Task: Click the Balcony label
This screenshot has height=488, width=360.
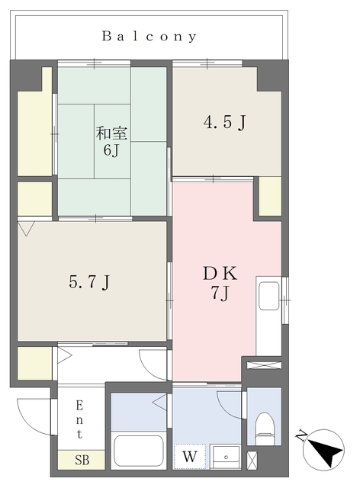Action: [x=149, y=37]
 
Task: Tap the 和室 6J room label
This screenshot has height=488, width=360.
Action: [x=111, y=141]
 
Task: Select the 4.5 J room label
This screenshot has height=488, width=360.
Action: [x=224, y=122]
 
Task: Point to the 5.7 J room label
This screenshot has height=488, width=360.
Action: [x=89, y=282]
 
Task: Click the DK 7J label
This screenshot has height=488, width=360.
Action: [x=220, y=283]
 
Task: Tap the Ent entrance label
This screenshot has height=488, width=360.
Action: [x=79, y=419]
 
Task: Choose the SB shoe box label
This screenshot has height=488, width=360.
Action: [x=82, y=460]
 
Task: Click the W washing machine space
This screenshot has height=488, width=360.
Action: [x=190, y=457]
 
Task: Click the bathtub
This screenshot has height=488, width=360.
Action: [x=139, y=451]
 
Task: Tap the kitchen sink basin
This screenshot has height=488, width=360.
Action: [x=269, y=296]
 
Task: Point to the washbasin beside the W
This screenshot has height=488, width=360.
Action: [x=226, y=457]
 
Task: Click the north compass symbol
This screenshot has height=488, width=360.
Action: [x=324, y=450]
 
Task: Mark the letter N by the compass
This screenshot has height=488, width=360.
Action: [x=301, y=435]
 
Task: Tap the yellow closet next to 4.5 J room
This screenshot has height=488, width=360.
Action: [x=270, y=196]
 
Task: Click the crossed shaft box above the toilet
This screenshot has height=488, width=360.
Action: [x=264, y=365]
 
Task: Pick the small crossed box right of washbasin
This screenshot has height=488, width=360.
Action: [x=252, y=461]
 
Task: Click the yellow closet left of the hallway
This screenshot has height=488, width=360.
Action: [x=34, y=363]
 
